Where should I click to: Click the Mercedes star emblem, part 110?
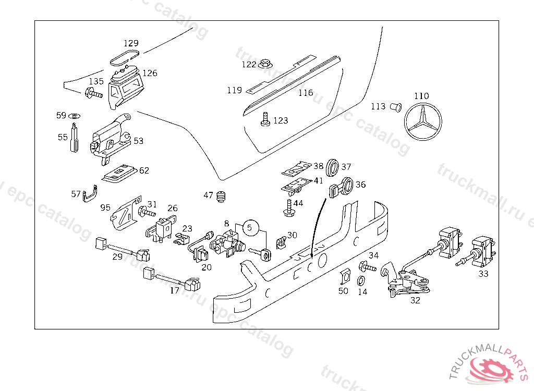click(422, 124)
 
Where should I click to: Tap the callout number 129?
click(131, 43)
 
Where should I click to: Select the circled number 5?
click(249, 227)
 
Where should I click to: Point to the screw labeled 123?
click(265, 119)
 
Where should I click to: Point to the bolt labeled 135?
click(93, 94)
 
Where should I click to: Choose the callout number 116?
click(306, 93)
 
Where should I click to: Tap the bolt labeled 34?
click(367, 267)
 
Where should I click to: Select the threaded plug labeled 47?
click(223, 197)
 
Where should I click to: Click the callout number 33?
click(483, 274)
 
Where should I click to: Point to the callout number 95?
click(106, 207)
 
